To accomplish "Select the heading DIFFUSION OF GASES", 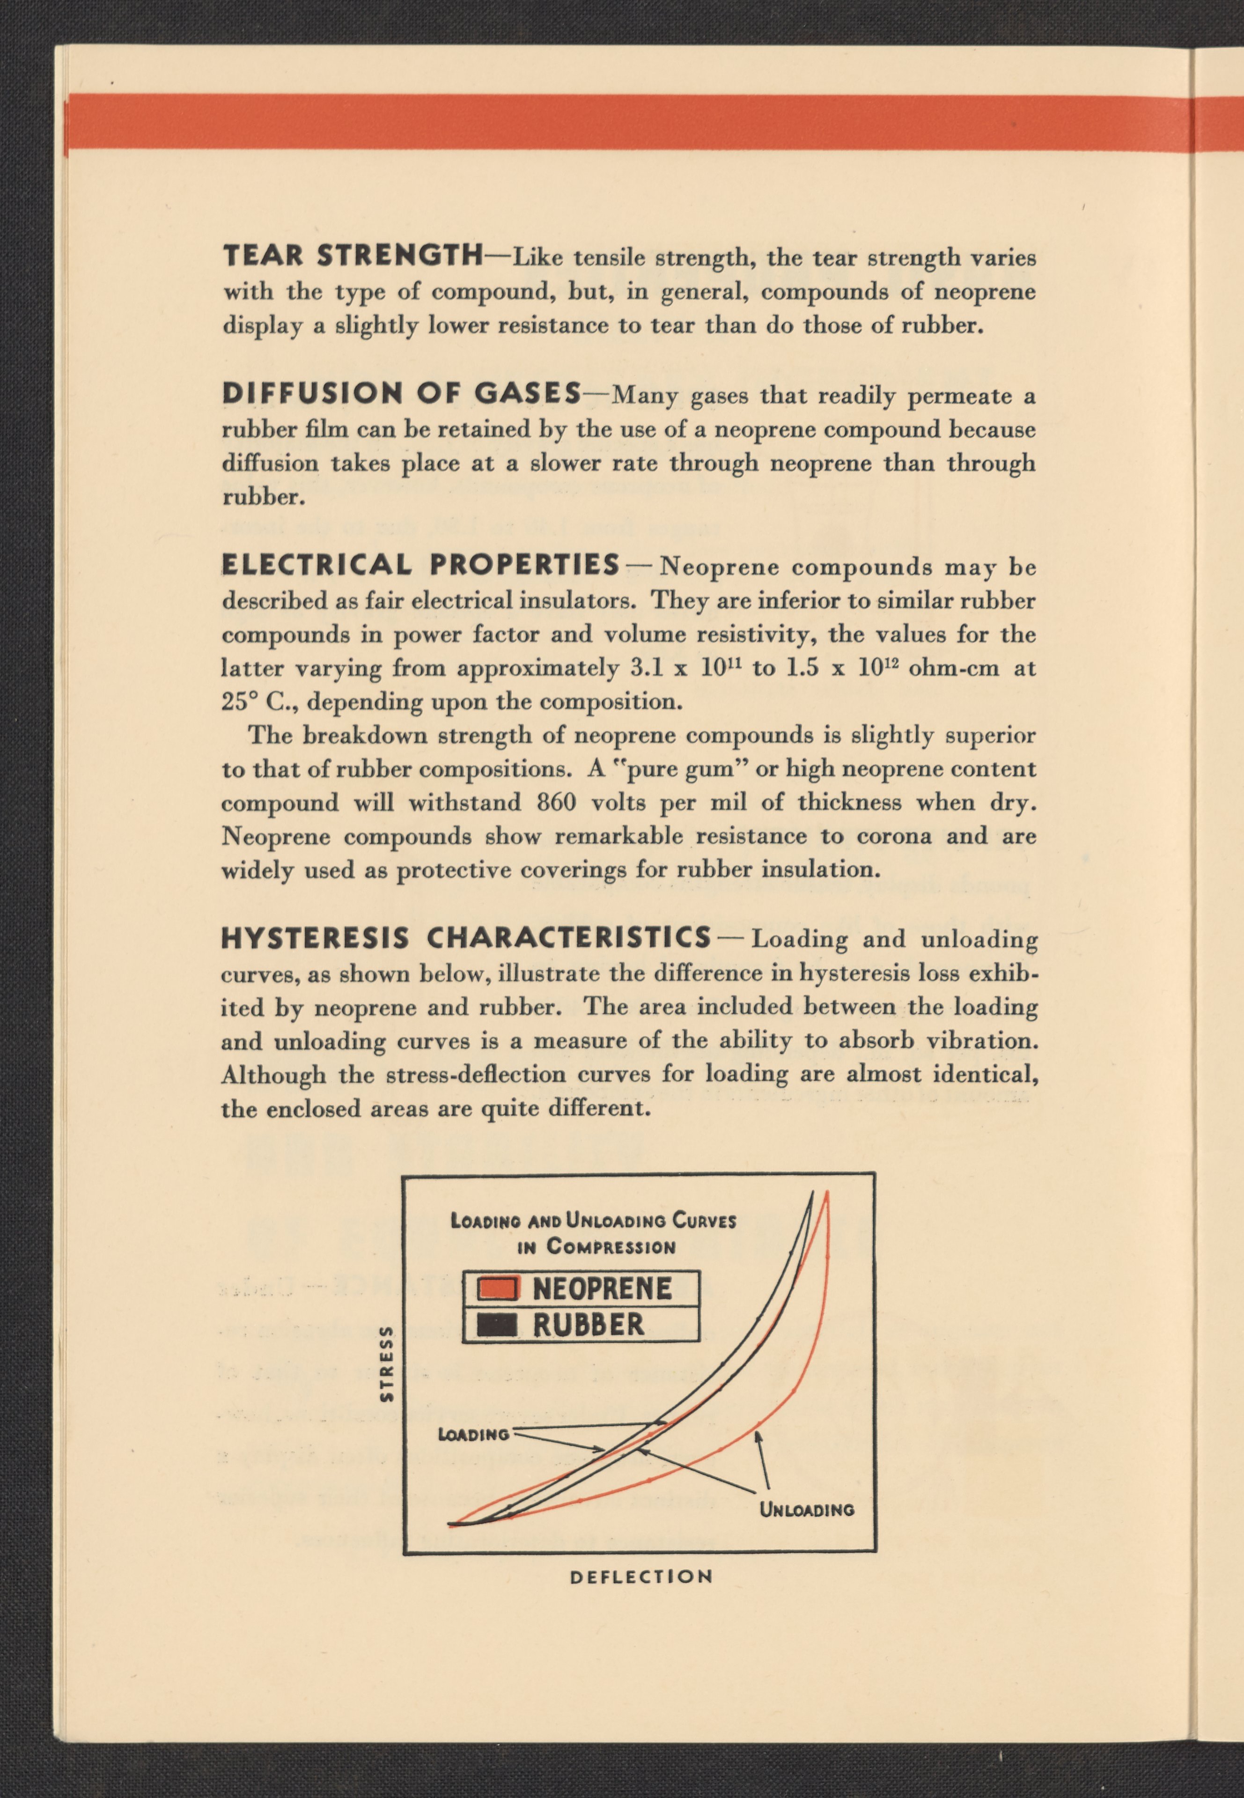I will (401, 394).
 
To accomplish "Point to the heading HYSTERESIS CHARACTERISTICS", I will (466, 937).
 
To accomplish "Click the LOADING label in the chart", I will (473, 1435).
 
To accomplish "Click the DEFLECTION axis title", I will (640, 1577).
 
